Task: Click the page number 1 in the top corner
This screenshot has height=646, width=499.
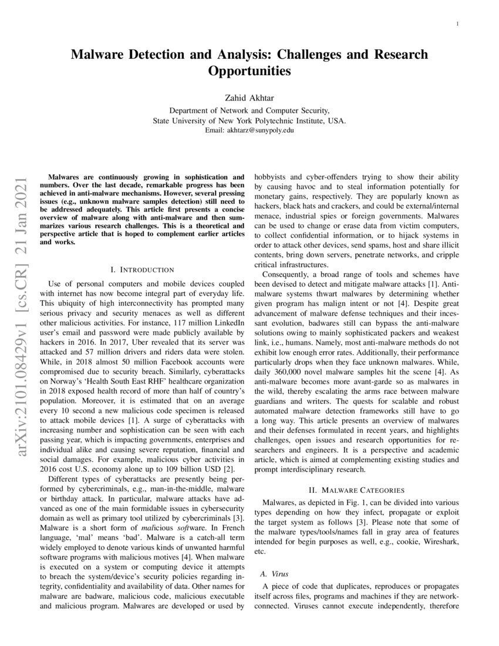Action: tap(457, 24)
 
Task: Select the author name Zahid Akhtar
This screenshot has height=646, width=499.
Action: tap(249, 98)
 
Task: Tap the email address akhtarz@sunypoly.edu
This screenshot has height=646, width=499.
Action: tap(249, 130)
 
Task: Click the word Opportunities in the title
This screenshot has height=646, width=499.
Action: tap(249, 72)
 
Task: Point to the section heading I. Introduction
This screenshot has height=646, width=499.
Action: tap(142, 270)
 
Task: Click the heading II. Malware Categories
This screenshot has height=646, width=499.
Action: tap(358, 490)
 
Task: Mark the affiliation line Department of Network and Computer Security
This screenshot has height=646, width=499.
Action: tap(249, 110)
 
